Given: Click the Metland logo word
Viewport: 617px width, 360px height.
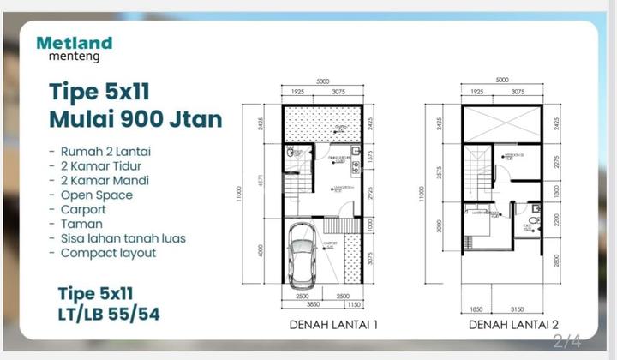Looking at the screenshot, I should coord(75,43).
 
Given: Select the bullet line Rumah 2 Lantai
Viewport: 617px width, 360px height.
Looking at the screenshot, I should coord(99,151).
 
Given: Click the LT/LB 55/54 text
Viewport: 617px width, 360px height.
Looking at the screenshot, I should coord(109,314).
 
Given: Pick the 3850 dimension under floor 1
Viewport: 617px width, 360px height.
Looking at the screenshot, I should coord(307,306).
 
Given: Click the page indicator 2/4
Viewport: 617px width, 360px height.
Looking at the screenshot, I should coord(567,343).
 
